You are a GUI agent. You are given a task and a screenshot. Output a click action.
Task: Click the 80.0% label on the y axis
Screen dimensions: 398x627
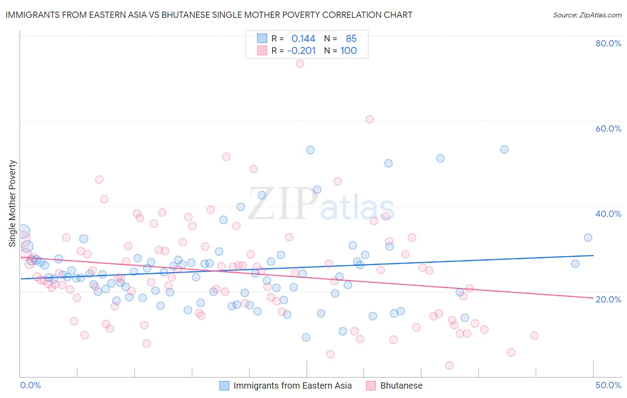[608, 43]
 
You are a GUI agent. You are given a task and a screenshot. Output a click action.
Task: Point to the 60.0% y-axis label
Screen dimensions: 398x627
[608, 129]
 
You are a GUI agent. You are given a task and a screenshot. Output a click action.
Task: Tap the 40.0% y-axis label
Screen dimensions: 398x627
[608, 214]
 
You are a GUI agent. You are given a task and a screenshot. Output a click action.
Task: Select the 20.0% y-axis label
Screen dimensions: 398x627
[608, 299]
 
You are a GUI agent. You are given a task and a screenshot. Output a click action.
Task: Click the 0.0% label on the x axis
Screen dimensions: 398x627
[30, 385]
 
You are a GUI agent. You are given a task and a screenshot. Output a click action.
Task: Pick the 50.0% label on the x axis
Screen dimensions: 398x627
[608, 385]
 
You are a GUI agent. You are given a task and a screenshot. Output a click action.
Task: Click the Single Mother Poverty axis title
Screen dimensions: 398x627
[12, 203]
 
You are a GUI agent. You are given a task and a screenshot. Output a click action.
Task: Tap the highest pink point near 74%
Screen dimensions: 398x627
[300, 63]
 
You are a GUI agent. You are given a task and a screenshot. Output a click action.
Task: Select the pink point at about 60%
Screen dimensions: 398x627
[369, 119]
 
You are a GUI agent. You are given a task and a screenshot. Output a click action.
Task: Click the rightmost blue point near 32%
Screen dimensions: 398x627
[588, 237]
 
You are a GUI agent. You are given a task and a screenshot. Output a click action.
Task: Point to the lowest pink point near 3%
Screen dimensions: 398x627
[449, 365]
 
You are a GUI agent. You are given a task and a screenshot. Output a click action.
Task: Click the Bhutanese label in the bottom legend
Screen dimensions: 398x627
[401, 386]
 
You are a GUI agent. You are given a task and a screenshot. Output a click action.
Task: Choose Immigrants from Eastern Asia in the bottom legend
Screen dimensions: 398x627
[293, 386]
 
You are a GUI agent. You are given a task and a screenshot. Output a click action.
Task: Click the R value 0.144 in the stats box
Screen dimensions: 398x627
[303, 39]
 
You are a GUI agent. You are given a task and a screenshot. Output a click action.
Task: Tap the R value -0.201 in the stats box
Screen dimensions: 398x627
[301, 51]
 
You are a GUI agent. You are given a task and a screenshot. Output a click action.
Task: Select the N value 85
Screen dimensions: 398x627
[351, 39]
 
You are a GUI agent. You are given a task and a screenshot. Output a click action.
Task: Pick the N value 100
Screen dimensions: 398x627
[348, 51]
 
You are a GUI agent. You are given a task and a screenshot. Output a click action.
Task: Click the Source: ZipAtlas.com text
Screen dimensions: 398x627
[587, 15]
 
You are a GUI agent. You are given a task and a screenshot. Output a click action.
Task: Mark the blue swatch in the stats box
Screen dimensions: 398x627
[262, 39]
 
